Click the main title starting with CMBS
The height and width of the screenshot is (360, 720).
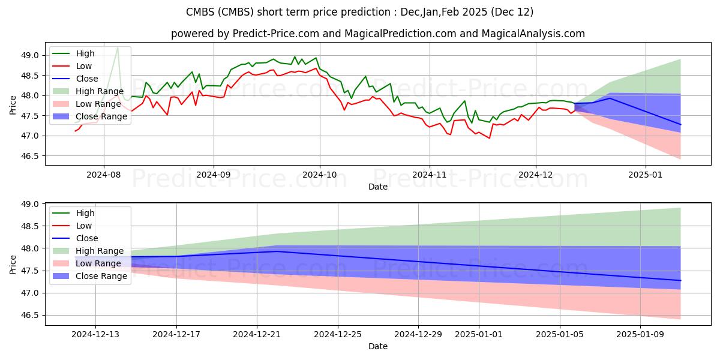[x=360, y=12]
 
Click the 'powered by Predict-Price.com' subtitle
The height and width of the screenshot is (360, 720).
[x=378, y=34]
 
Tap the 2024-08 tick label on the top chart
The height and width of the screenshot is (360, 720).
[x=104, y=175]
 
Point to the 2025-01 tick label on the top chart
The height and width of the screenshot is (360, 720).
[x=646, y=175]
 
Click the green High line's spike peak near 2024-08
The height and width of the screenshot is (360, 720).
[x=118, y=47]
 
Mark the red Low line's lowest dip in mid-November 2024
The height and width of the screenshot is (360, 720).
[x=489, y=138]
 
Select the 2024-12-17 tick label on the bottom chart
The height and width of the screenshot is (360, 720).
[x=176, y=335]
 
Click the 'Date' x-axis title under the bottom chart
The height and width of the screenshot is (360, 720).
[x=378, y=346]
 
